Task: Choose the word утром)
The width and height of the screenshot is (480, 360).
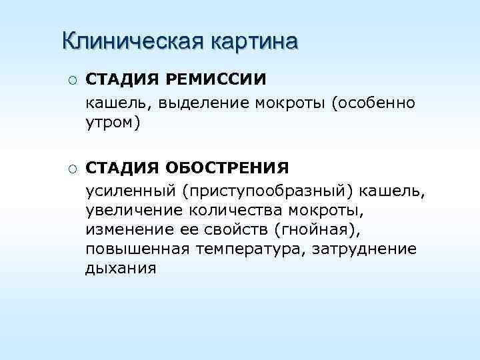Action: coord(113,123)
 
